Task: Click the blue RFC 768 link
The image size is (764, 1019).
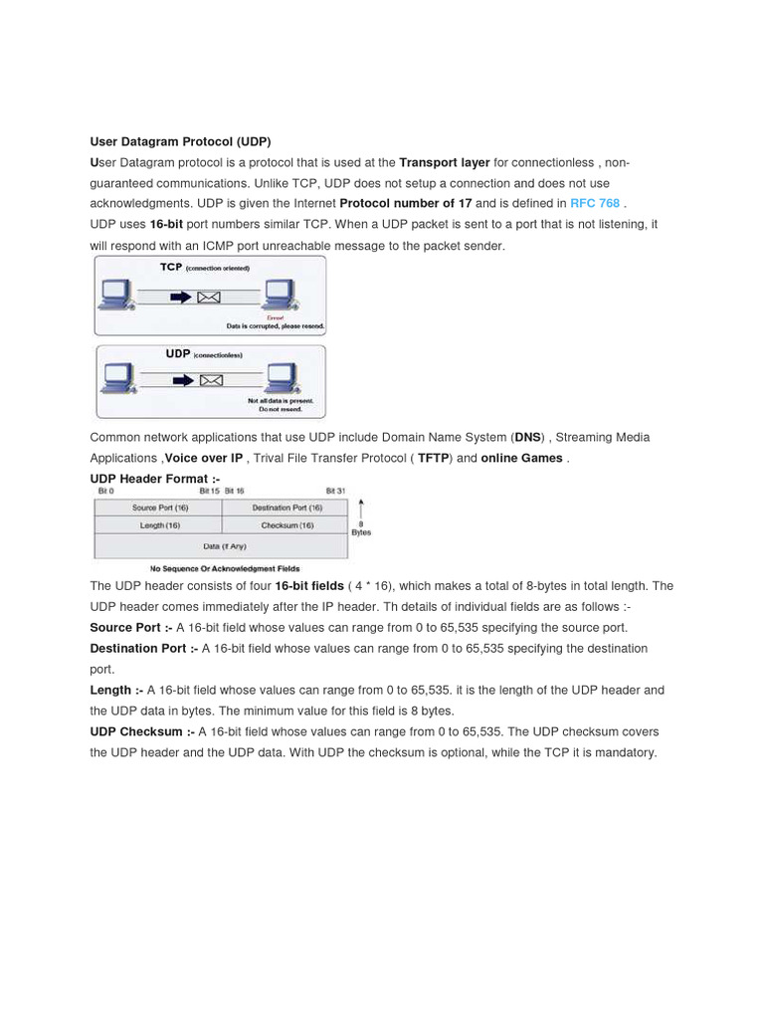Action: (x=594, y=203)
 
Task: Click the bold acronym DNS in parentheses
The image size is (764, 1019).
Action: (x=526, y=437)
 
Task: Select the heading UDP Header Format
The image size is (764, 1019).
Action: (x=154, y=479)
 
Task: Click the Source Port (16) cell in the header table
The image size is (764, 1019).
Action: (x=157, y=508)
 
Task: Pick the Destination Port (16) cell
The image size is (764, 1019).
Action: (x=286, y=508)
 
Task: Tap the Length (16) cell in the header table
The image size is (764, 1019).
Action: (x=157, y=525)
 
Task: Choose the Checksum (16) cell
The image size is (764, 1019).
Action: (x=286, y=525)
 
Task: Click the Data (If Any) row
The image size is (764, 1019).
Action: (x=223, y=546)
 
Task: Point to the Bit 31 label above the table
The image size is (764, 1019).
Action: (x=336, y=492)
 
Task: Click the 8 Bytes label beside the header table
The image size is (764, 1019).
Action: (x=361, y=528)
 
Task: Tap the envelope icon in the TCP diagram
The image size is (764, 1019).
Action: (x=210, y=297)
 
